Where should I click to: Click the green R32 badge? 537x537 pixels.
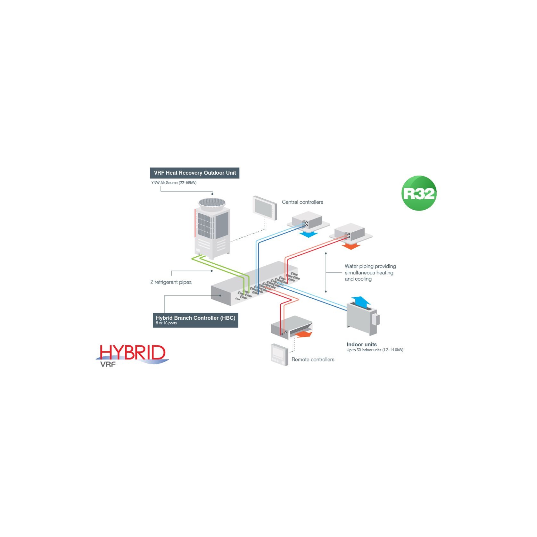(419, 193)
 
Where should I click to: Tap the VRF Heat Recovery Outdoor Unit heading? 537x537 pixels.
(194, 173)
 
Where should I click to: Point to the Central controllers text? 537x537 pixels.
(302, 202)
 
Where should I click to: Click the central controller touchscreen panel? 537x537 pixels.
(265, 208)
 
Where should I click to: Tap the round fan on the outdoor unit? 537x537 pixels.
(212, 202)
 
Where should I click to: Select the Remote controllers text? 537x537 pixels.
(313, 359)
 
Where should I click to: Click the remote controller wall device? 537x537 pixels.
(279, 355)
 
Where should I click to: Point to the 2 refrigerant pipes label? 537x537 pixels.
(171, 282)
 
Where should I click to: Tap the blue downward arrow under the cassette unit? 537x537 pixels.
(308, 235)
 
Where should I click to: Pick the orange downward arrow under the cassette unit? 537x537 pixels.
(351, 246)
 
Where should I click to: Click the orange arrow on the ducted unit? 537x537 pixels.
(303, 335)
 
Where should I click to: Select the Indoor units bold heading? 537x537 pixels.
(361, 344)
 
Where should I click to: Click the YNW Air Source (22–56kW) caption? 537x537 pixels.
(174, 183)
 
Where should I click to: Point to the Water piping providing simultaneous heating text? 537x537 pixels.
(370, 272)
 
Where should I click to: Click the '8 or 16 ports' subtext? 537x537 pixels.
(166, 323)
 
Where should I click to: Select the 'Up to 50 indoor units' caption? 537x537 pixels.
(375, 350)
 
